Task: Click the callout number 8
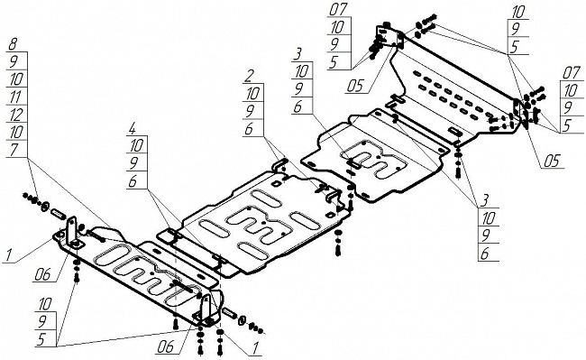[13, 45]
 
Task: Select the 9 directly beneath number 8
[14, 61]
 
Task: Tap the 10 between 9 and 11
[16, 79]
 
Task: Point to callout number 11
[15, 97]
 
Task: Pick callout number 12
[15, 115]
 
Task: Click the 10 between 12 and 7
[16, 133]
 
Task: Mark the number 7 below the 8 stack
[14, 150]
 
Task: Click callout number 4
[132, 128]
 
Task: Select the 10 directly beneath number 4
[136, 145]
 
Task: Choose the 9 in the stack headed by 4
[133, 163]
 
